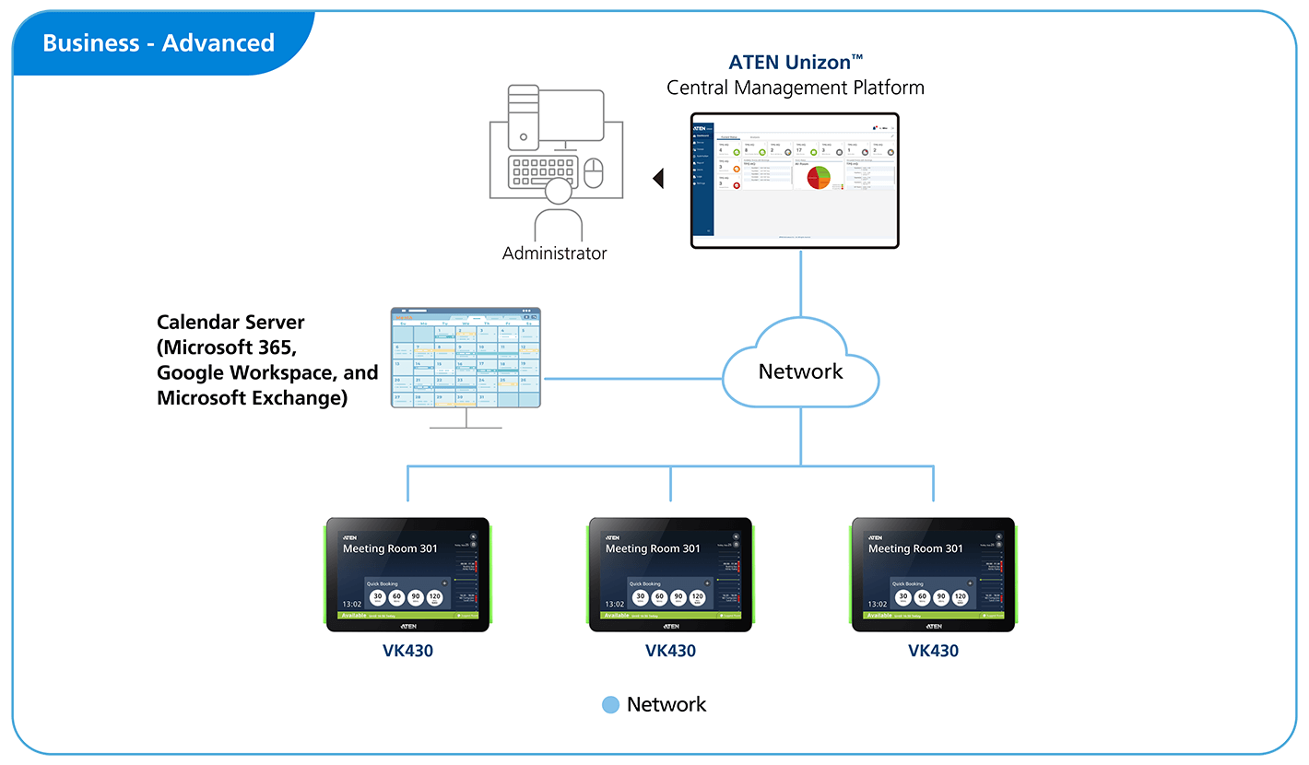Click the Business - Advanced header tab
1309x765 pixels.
point(159,43)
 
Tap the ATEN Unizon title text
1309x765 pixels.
point(795,63)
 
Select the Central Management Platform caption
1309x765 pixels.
point(795,88)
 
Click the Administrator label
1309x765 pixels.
point(554,253)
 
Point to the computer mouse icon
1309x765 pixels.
point(594,171)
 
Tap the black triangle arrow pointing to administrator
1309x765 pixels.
point(657,178)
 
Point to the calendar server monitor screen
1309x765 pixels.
point(466,359)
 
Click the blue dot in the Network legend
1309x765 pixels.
point(610,705)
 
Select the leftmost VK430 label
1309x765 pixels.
point(407,651)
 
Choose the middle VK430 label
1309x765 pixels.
point(670,651)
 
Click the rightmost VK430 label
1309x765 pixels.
point(933,651)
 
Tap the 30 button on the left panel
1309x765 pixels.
point(377,597)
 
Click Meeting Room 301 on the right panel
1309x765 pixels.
point(915,548)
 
